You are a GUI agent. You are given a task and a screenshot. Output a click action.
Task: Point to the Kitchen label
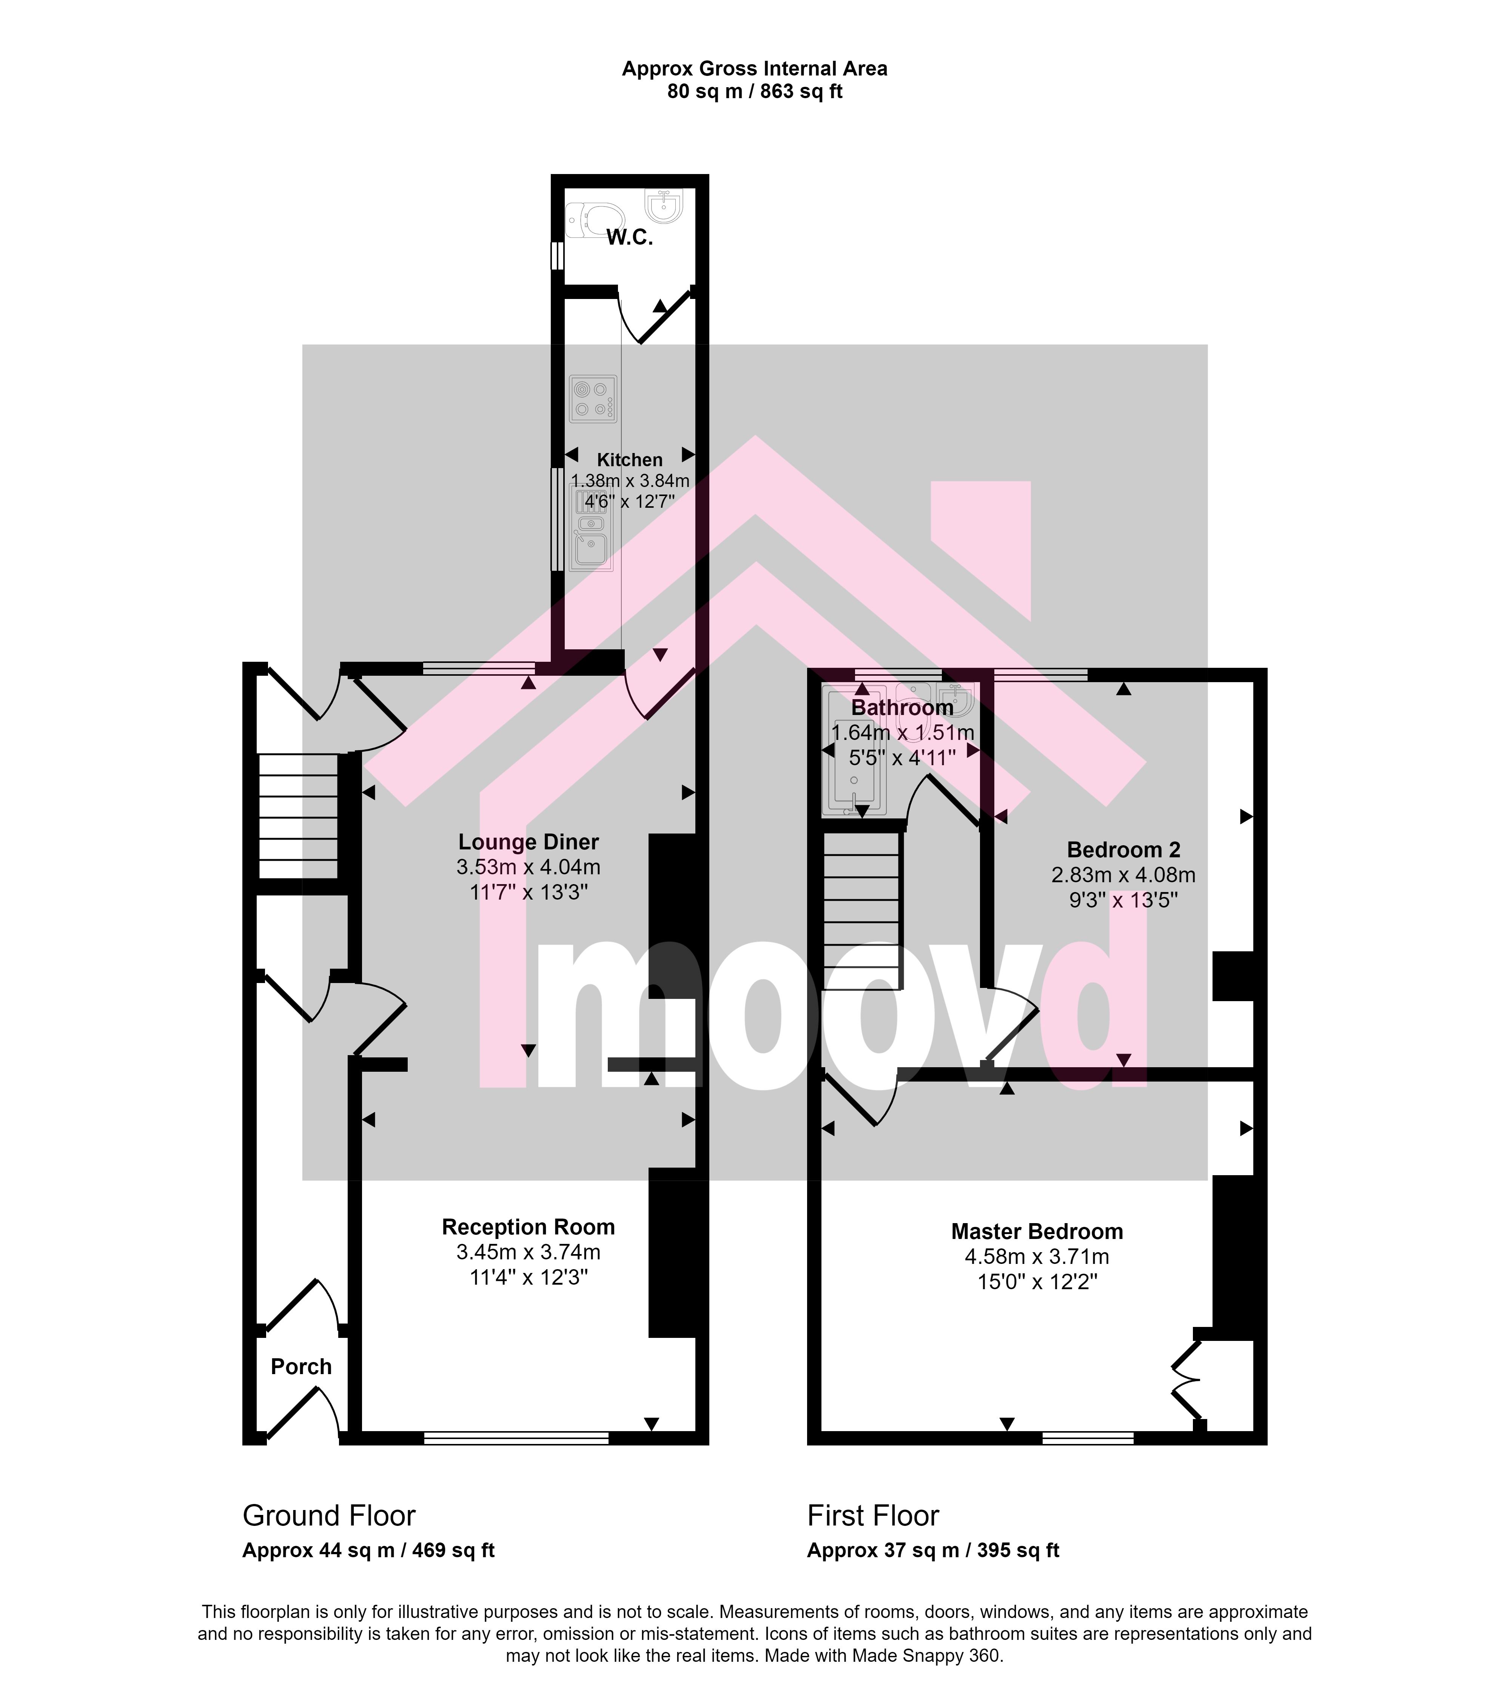point(630,460)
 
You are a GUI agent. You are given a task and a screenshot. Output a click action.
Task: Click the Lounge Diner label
point(528,842)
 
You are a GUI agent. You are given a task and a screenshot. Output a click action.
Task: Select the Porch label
point(301,1367)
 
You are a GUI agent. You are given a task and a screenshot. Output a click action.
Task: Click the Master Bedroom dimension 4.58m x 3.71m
point(1037,1257)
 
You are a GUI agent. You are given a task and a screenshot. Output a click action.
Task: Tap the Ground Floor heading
point(328,1516)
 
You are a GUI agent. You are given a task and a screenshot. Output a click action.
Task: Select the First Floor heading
point(873,1516)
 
